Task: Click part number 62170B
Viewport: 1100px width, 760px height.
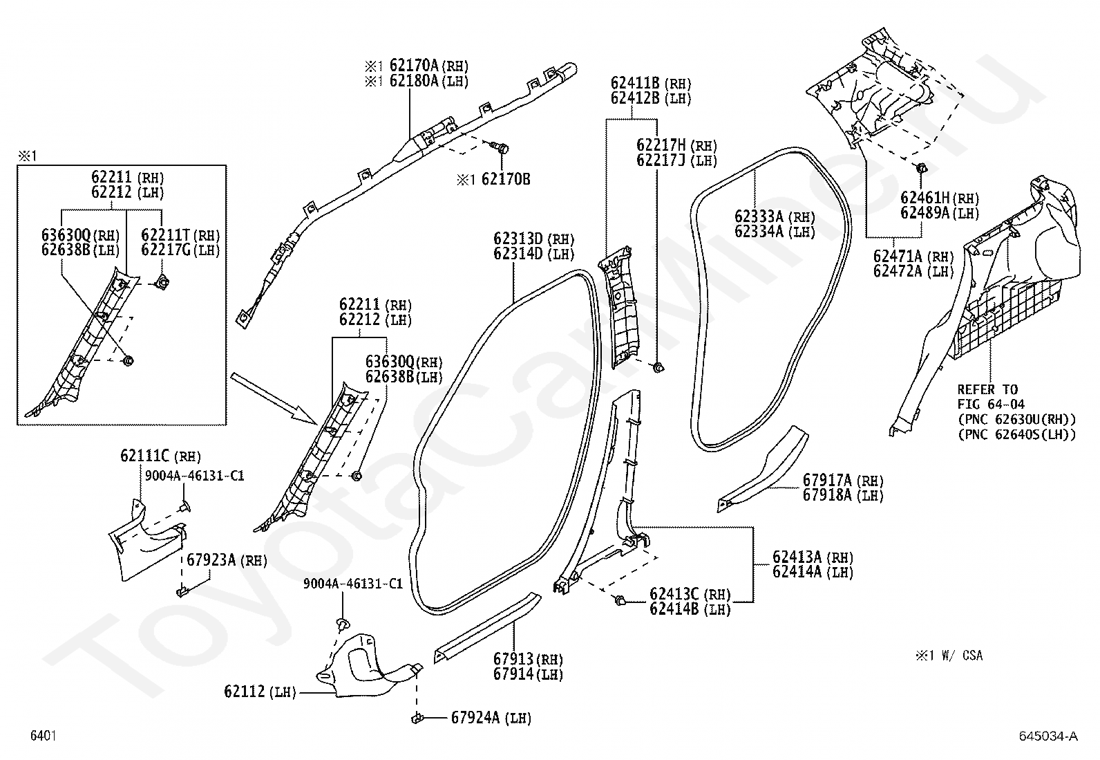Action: [506, 179]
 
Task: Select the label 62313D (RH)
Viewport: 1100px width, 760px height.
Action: [534, 239]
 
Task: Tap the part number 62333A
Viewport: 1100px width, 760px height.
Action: [759, 216]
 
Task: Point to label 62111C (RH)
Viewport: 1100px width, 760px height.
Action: [160, 456]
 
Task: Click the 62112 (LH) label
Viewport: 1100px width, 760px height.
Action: [260, 692]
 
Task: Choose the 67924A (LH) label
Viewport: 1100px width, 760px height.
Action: [491, 718]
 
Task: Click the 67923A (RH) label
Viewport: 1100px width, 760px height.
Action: [227, 560]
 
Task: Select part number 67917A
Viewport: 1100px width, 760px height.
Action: [828, 479]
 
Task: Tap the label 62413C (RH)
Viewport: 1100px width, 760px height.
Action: [690, 594]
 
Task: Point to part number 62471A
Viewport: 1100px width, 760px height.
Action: [898, 256]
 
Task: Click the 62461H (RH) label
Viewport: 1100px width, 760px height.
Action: [940, 198]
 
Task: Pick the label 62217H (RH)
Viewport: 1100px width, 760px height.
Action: [676, 145]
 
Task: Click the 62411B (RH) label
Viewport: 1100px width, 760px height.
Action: [651, 83]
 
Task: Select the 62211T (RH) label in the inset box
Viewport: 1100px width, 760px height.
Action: [181, 235]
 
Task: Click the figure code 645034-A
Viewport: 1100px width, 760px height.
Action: [1048, 736]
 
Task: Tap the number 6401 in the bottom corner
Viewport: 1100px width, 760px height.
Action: [44, 735]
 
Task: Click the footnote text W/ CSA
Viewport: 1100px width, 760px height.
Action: [962, 656]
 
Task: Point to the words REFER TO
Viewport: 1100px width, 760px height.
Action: [987, 390]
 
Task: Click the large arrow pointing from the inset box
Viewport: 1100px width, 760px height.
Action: [274, 398]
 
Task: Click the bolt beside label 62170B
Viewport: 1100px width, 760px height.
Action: [500, 147]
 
